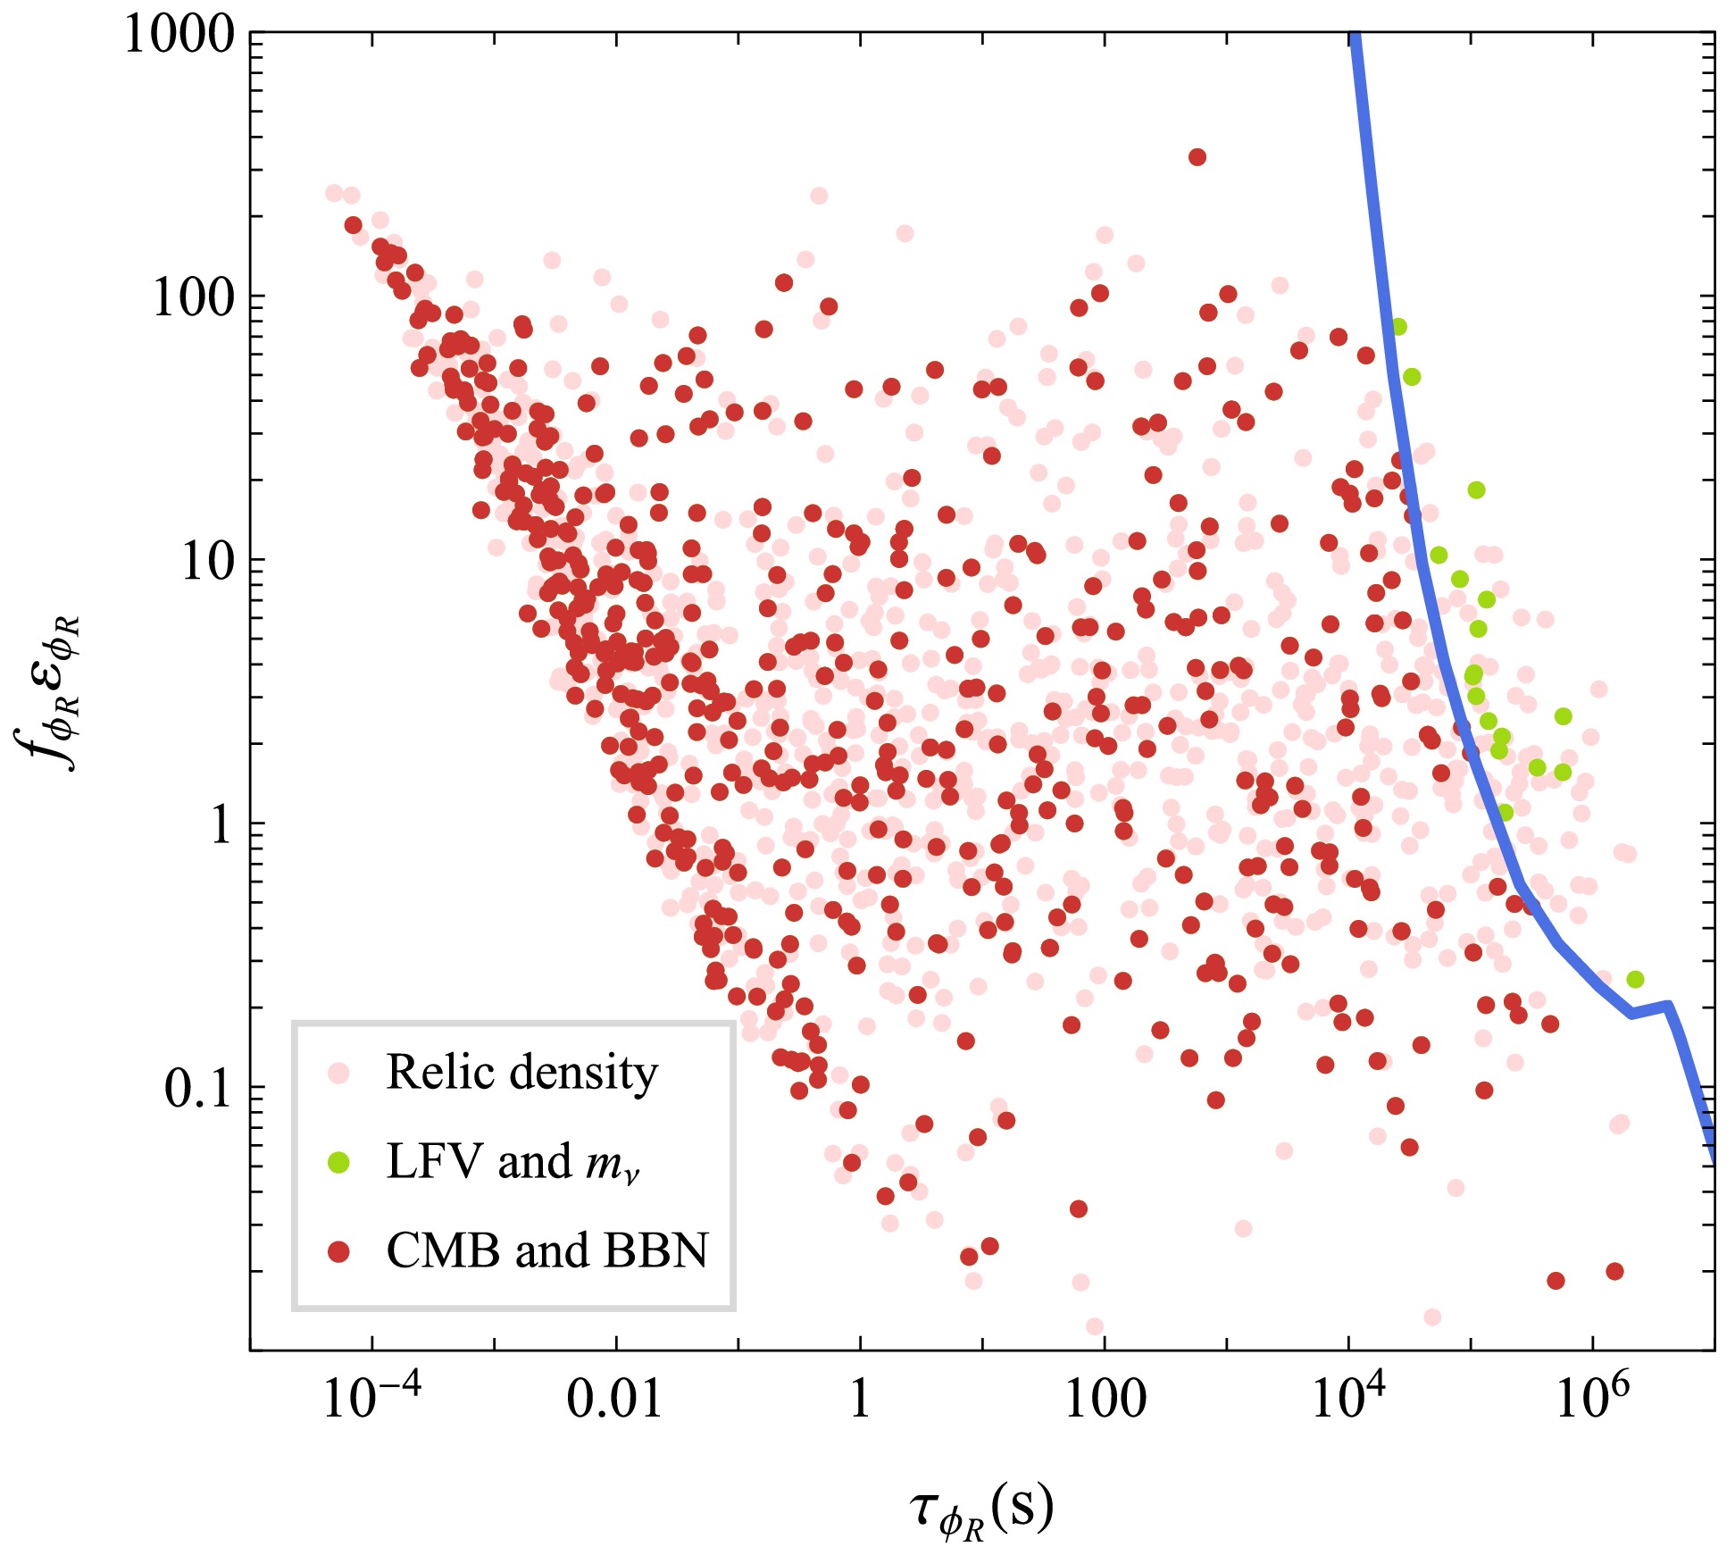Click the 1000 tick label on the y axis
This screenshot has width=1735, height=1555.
pyautogui.click(x=179, y=37)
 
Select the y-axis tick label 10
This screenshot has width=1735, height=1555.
pyautogui.click(x=208, y=562)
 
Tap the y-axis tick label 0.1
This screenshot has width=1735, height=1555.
pyautogui.click(x=199, y=1089)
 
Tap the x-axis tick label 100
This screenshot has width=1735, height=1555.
pyautogui.click(x=1105, y=1399)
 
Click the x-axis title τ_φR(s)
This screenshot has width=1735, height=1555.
pyautogui.click(x=981, y=1509)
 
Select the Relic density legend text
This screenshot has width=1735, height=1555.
pyautogui.click(x=521, y=1073)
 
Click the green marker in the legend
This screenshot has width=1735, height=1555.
pyautogui.click(x=338, y=1162)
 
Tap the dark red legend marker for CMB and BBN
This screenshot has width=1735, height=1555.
pyautogui.click(x=338, y=1252)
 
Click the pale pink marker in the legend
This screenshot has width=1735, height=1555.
pyautogui.click(x=338, y=1073)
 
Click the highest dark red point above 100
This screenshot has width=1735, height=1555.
pyautogui.click(x=1197, y=157)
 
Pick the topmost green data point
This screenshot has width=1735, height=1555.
pyautogui.click(x=1398, y=327)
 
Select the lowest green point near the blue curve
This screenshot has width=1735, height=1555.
pyautogui.click(x=1635, y=980)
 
